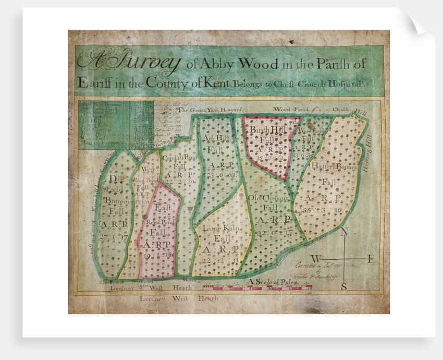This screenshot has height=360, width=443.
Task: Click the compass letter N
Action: pos(344,235)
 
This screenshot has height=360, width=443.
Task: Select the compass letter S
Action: pos(344,286)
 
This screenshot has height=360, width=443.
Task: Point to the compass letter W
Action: pos(316,259)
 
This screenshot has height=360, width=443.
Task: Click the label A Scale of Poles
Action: pos(274,282)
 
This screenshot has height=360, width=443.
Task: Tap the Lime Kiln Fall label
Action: pos(223,232)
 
